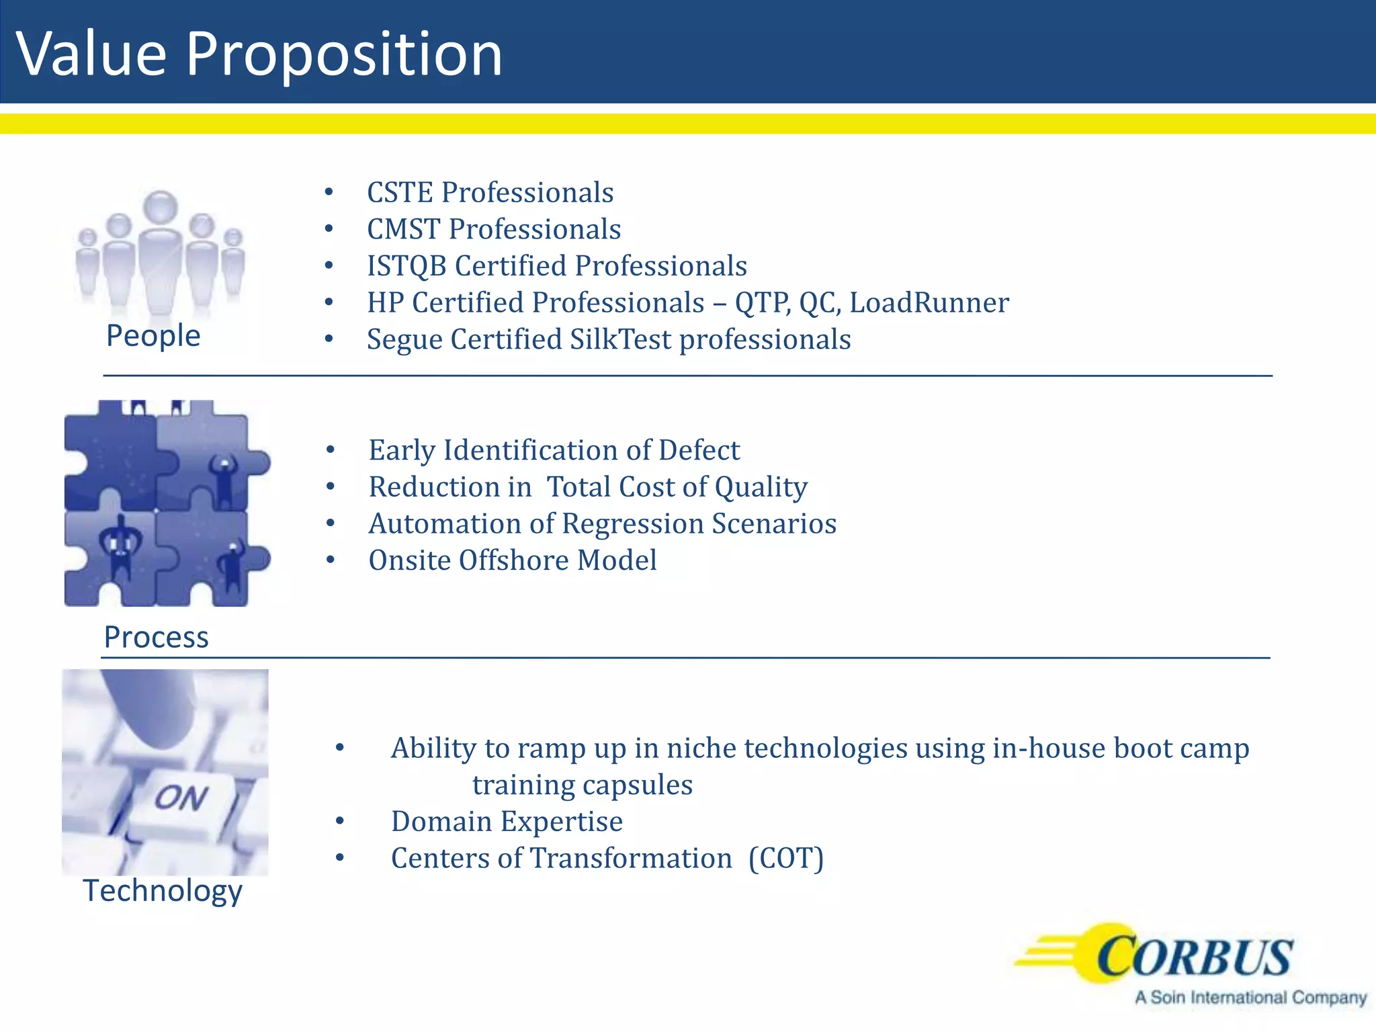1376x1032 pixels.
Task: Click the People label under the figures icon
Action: (153, 335)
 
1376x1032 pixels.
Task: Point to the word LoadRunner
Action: (929, 303)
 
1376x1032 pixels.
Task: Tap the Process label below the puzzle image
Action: (156, 637)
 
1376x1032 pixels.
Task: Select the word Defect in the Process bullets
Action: (699, 450)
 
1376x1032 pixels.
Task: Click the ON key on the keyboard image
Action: (180, 800)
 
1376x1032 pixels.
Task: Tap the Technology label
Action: (162, 891)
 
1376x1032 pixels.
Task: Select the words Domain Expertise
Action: (507, 822)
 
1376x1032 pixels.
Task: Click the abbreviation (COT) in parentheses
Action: (786, 859)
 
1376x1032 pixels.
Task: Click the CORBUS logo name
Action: (1194, 957)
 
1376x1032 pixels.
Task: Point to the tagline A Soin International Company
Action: (1250, 998)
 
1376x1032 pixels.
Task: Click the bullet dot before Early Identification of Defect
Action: (330, 449)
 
